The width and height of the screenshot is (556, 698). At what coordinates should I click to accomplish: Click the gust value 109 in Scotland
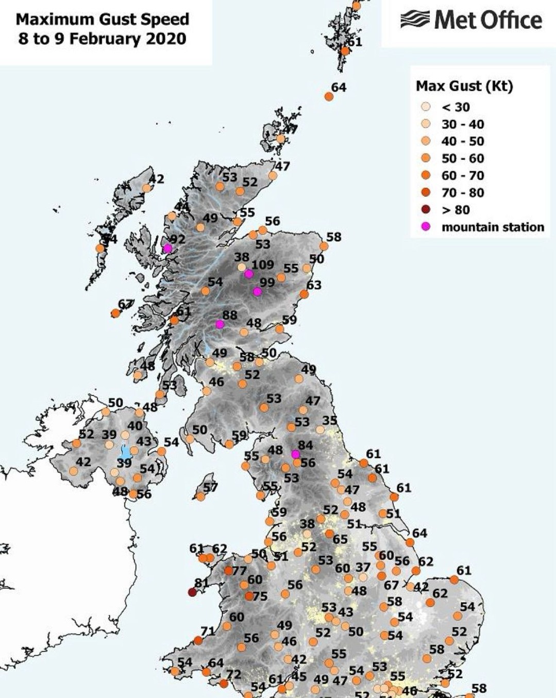tap(263, 265)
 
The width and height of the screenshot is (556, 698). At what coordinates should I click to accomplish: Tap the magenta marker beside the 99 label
tap(258, 292)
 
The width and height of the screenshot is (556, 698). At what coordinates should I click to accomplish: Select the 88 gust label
tap(230, 315)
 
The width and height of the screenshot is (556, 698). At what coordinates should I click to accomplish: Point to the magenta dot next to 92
tap(167, 248)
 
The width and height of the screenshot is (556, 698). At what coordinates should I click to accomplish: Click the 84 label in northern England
tap(306, 445)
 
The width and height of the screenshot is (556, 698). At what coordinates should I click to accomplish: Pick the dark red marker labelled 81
tap(193, 592)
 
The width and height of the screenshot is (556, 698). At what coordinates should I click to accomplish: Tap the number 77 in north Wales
tap(240, 571)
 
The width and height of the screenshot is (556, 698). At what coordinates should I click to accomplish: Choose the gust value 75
tap(260, 596)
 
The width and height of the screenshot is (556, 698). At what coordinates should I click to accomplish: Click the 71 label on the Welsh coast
tap(208, 631)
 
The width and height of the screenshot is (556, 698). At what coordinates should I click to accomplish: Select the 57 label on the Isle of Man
tap(210, 487)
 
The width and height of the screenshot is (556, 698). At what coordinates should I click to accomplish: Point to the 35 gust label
tap(330, 420)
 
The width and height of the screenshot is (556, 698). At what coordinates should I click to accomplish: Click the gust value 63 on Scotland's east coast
tap(314, 285)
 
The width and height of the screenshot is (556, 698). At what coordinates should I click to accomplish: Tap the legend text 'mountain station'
tap(493, 227)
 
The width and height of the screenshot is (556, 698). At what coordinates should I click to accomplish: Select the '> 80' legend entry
tap(456, 210)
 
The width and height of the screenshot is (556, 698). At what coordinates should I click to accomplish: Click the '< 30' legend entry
tap(456, 107)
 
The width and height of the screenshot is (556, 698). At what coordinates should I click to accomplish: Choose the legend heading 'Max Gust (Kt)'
tap(464, 86)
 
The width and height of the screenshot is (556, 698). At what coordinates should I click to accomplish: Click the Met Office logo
tap(471, 21)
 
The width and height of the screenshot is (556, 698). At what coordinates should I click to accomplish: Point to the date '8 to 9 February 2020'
tap(102, 39)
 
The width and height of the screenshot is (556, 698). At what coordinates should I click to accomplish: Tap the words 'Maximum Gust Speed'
tap(103, 20)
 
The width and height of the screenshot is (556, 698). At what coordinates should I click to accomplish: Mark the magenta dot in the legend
tap(426, 227)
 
